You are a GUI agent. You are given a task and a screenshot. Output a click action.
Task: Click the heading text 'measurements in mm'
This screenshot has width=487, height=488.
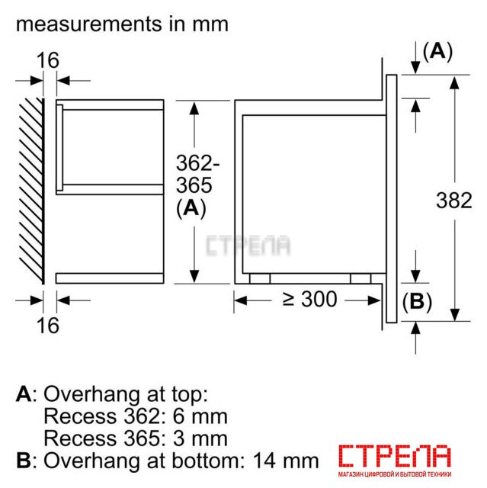(x=122, y=24)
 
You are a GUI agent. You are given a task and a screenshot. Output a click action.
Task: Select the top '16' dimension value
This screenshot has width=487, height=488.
(x=47, y=60)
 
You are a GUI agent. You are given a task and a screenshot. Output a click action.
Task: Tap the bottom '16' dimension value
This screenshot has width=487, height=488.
(x=47, y=326)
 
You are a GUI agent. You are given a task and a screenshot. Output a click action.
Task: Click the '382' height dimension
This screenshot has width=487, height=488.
(x=454, y=200)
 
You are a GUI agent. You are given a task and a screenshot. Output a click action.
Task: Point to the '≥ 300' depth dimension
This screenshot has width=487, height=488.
(x=309, y=300)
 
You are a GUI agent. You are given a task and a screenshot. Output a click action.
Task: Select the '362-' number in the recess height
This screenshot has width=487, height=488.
(x=198, y=162)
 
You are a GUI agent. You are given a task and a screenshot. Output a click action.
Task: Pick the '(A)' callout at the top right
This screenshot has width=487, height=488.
(x=437, y=51)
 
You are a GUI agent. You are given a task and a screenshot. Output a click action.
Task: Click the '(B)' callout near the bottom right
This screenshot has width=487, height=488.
(x=417, y=302)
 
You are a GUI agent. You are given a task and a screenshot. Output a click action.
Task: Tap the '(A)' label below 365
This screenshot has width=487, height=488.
(x=191, y=208)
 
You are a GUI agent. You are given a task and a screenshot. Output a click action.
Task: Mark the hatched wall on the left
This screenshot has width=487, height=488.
(x=31, y=191)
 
